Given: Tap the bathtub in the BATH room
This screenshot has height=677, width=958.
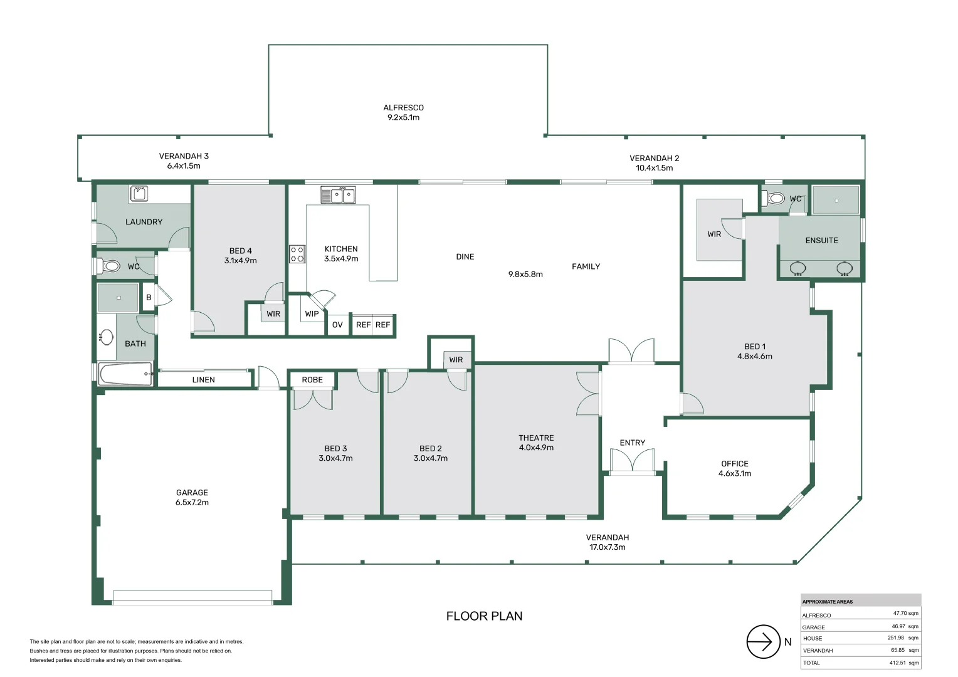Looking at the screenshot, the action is pos(126,374).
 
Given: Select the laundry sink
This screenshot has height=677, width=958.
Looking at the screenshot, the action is pos(139,193).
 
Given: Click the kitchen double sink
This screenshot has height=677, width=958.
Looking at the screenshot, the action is pos(338,195).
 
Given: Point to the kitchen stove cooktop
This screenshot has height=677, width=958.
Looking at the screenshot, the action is pos(297,254).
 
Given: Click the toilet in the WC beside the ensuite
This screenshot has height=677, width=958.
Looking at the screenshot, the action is pos(774,198).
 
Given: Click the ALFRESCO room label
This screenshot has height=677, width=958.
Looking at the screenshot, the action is pos(403,108).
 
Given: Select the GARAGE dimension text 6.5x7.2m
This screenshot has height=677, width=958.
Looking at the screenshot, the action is pos(192,503).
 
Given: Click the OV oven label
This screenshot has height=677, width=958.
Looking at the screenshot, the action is pos(337,325).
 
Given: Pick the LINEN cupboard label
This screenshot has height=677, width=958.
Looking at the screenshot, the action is pos(204,380).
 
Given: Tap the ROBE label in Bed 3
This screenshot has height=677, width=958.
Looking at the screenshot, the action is pos(312,380).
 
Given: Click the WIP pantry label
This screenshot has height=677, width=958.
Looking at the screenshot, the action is pos(312,314).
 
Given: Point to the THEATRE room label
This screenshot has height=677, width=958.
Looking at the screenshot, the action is pos(536,438).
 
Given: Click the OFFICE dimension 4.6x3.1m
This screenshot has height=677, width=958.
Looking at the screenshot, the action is pos(735,473).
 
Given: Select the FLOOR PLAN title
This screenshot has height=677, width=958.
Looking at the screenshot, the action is pos(484,616).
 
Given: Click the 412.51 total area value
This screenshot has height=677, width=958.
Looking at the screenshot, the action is pos(898,663).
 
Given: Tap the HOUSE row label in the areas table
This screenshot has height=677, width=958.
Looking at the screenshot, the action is pos(813,639).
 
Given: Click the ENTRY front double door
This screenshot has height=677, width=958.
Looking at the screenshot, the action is pos(632,460).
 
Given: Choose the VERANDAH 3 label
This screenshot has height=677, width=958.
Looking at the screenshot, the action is pos(184,156).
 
